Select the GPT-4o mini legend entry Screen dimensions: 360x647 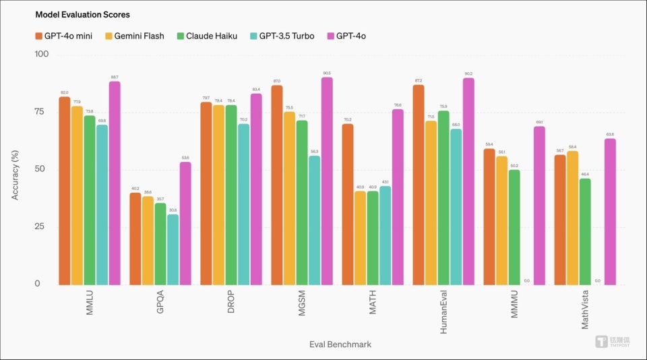pyautogui.click(x=63, y=36)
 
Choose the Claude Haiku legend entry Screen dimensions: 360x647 pyautogui.click(x=205, y=36)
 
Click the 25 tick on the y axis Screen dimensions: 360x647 pyautogui.click(x=42, y=227)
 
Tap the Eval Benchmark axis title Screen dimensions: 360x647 pyautogui.click(x=340, y=344)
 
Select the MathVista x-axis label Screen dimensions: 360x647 pyautogui.click(x=585, y=310)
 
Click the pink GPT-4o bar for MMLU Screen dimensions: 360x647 pyautogui.click(x=115, y=183)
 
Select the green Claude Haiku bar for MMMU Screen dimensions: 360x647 pyautogui.click(x=514, y=227)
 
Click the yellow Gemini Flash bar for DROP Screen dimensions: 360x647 pyautogui.click(x=218, y=195)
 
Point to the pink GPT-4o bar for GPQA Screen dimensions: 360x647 pyautogui.click(x=185, y=223)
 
